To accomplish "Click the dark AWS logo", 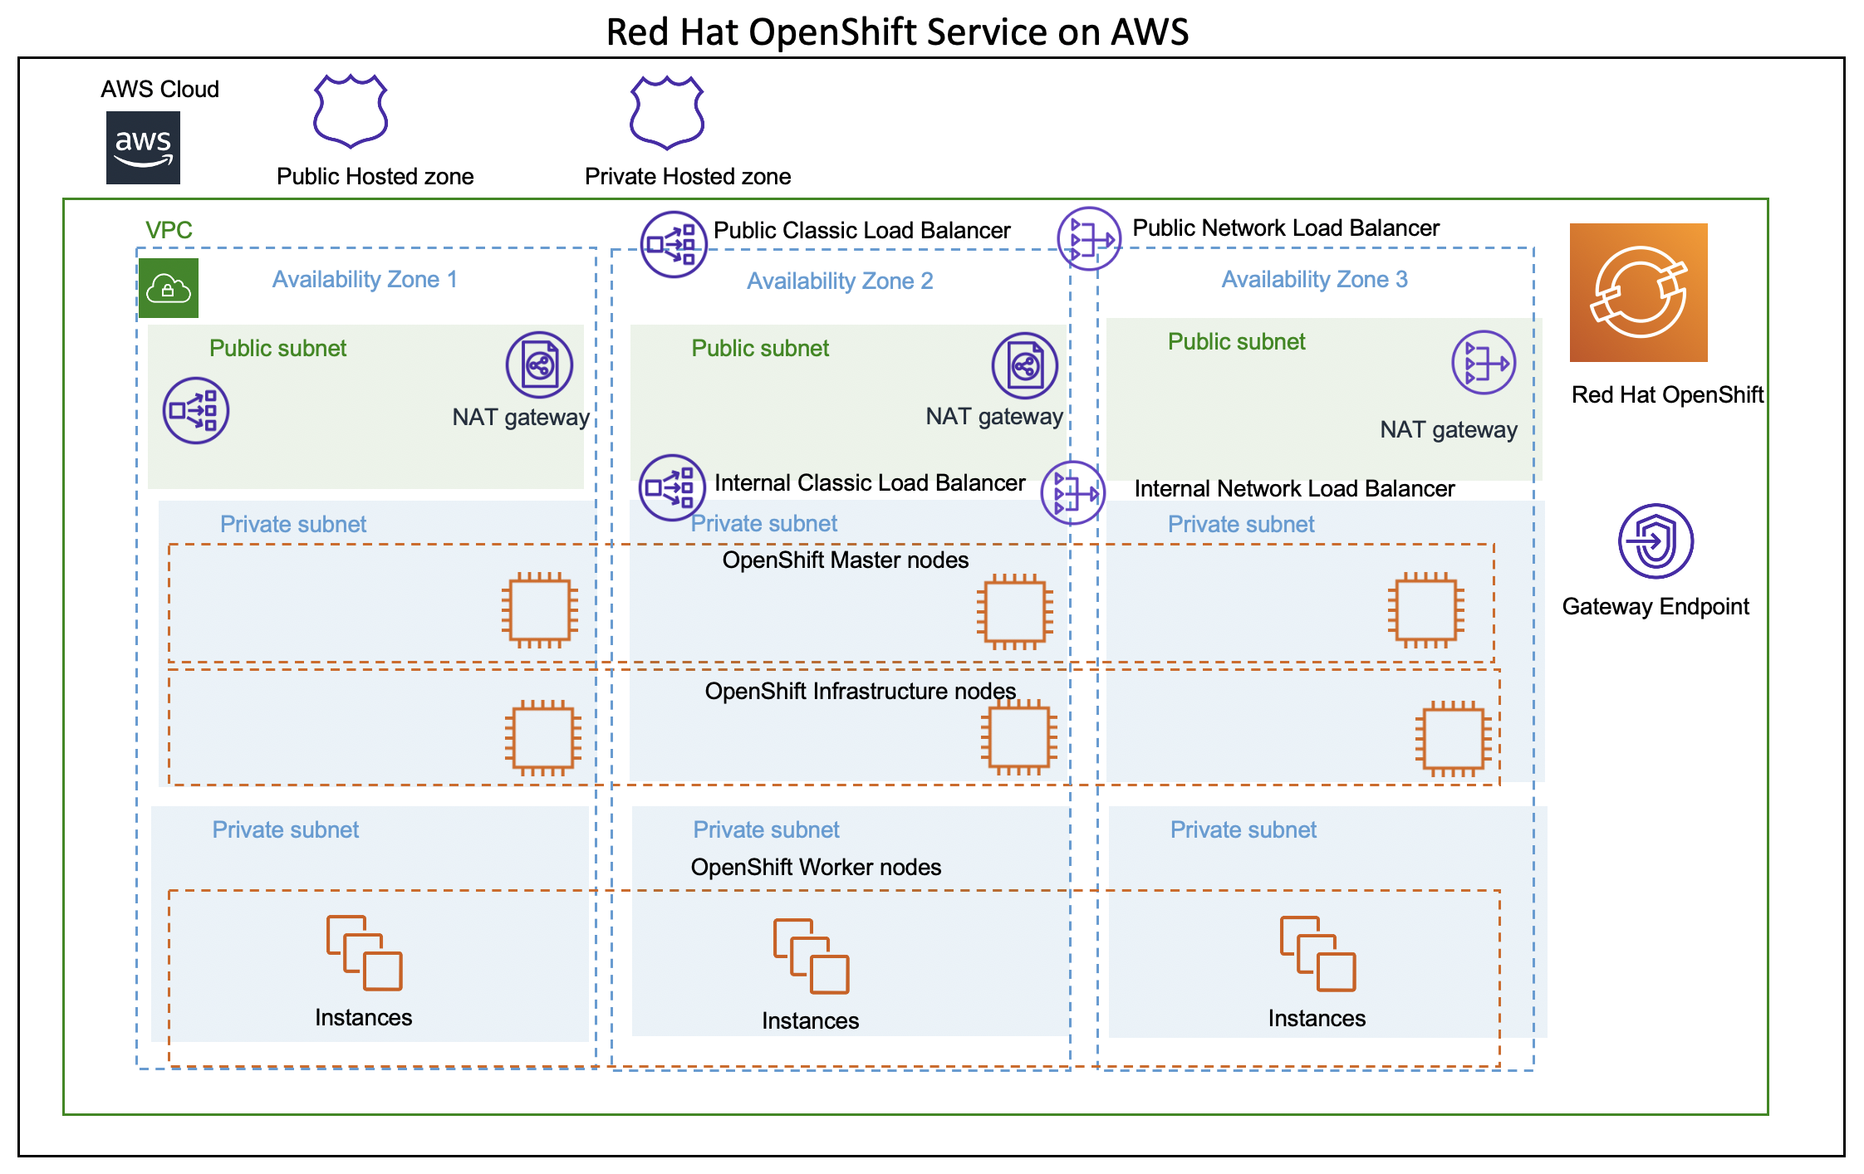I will point(143,148).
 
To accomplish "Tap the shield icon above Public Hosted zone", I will point(351,111).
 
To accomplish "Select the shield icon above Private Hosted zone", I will point(667,113).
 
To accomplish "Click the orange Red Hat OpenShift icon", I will point(1638,292).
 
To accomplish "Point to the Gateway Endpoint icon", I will point(1656,541).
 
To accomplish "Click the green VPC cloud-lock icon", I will point(169,288).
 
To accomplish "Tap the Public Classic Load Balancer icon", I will point(674,244).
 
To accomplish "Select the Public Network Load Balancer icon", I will point(1089,239).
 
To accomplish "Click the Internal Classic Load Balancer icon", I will point(672,487).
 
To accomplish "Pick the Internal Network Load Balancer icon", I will point(1072,493).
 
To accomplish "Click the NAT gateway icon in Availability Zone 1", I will point(539,364).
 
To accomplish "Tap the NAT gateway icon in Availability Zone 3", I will point(1484,363).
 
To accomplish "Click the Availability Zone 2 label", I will point(840,281).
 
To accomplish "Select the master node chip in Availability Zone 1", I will point(540,609).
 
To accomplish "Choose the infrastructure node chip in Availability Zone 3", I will point(1453,738).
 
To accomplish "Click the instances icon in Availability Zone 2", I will point(811,956).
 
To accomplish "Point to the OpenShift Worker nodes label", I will point(816,867).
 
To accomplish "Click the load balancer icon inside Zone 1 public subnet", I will point(195,410).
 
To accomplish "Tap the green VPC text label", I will point(169,230).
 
